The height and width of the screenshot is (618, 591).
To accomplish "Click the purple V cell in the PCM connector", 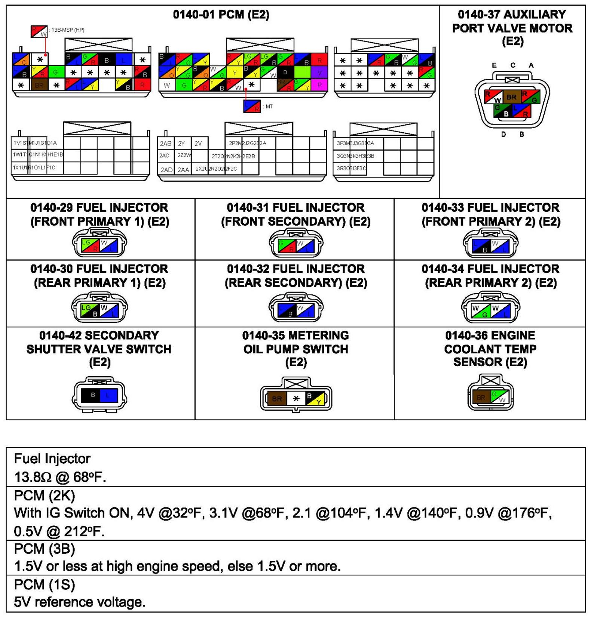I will tap(319, 72).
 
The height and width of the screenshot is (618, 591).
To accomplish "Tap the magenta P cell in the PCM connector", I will tap(319, 85).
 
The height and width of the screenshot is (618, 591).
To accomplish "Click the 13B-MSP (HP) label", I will tap(68, 30).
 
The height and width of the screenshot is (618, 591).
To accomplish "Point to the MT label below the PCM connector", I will tap(269, 106).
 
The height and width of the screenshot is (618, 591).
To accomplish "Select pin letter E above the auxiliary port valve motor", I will tap(494, 65).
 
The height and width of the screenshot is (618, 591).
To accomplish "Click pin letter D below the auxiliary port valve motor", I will tap(503, 134).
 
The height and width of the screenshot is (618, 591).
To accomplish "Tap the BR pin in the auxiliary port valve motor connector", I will tap(511, 97).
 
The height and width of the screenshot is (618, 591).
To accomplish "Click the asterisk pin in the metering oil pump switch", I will tap(296, 398).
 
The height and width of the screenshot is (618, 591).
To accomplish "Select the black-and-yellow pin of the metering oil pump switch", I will tap(314, 398).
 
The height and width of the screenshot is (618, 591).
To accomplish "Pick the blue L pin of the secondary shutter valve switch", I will tap(109, 395).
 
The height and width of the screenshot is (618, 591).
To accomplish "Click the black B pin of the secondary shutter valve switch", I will tap(91, 395).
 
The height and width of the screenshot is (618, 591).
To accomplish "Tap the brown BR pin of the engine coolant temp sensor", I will tap(481, 397).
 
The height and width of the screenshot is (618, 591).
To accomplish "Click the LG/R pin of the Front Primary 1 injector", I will tap(91, 245).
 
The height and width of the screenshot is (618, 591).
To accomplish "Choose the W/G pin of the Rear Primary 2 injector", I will tap(481, 311).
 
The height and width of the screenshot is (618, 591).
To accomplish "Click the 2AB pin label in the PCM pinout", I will tap(166, 143).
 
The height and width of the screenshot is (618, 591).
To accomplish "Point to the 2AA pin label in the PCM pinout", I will tap(183, 170).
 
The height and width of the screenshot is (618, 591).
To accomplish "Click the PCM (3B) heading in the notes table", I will tap(45, 549).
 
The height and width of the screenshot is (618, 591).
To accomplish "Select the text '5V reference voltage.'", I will tap(79, 602).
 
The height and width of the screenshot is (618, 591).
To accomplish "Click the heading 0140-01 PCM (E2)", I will tap(221, 15).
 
